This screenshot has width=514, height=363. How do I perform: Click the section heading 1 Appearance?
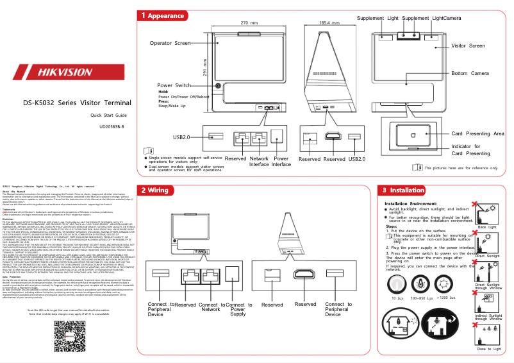(163, 15)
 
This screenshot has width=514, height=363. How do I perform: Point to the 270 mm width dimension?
(249, 22)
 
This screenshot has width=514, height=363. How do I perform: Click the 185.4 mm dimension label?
(329, 22)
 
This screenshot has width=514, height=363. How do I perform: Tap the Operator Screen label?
(170, 43)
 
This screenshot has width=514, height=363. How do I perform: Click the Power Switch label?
(174, 85)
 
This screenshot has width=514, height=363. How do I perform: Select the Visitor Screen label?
(468, 46)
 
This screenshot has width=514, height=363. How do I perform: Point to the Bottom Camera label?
(470, 74)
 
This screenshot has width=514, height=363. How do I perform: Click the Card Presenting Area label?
(477, 133)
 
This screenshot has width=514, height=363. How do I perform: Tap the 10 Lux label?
(397, 298)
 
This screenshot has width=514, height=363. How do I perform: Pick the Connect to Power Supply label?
(238, 309)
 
